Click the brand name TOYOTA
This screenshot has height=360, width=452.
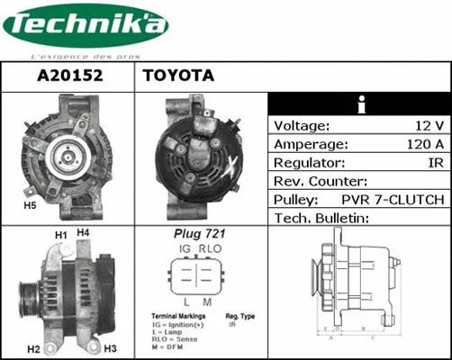point(177,76)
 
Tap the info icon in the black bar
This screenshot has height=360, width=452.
point(360,103)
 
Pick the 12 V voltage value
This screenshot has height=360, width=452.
point(427,125)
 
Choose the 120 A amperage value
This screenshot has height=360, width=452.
point(422,144)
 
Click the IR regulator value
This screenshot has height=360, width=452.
point(435,163)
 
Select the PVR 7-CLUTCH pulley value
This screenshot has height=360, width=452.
point(392,200)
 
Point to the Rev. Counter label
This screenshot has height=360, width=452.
point(319,181)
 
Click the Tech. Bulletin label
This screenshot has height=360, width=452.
point(321,219)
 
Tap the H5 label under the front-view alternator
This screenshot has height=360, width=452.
point(29,206)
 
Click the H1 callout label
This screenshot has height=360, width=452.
point(61,236)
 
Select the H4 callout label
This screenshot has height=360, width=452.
point(84,233)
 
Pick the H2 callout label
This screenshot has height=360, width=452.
point(33,348)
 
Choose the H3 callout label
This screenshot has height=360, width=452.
point(111,348)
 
